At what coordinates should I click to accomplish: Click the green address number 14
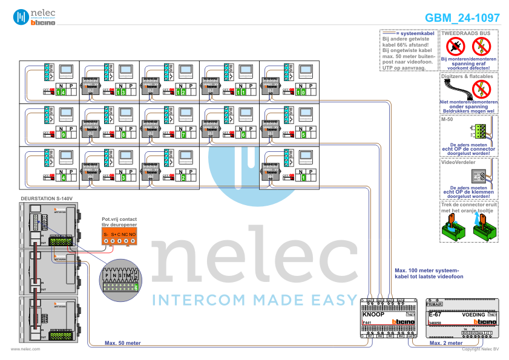(x=61, y=92)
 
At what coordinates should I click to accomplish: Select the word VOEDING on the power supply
(x=473, y=315)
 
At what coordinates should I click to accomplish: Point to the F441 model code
(x=367, y=323)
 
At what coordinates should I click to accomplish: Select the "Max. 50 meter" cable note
(x=123, y=342)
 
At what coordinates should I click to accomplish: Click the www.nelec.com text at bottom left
(x=25, y=349)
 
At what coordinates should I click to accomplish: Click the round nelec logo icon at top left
(x=21, y=17)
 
